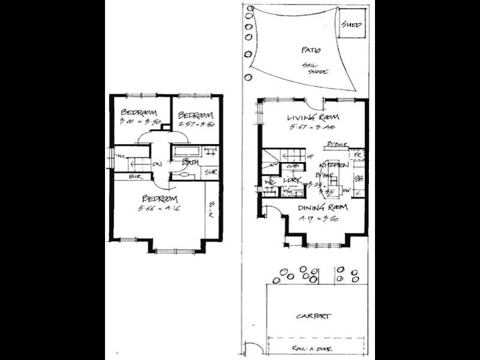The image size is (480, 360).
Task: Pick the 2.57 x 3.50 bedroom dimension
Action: tap(197, 124)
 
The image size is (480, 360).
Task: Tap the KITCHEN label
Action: tap(334, 164)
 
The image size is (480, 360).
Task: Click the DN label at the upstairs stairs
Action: tap(157, 164)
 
